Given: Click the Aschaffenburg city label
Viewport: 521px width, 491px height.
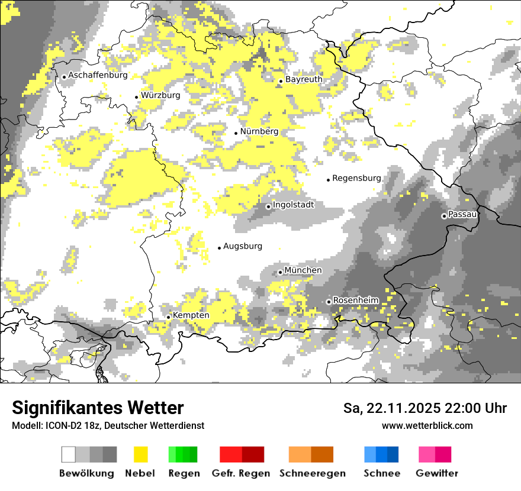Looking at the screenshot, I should [98, 75].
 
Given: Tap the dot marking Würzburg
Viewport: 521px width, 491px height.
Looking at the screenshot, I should [136, 97].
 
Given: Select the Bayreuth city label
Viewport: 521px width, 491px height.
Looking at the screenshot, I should [304, 79].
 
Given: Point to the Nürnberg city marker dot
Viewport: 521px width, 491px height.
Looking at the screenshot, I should [236, 133].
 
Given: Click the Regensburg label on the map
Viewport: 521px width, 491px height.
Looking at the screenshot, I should [356, 178].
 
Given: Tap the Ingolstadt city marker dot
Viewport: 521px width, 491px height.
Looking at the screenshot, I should [268, 206].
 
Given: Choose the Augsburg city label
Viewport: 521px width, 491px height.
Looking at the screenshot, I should [242, 246].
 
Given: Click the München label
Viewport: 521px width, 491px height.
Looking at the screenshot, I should [303, 270].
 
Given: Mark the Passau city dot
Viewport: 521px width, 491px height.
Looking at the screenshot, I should [444, 216].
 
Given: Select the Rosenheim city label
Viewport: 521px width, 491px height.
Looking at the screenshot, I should [355, 301].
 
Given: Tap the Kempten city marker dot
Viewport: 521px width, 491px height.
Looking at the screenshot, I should [168, 317].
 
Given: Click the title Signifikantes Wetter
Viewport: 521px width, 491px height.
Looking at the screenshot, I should [98, 408].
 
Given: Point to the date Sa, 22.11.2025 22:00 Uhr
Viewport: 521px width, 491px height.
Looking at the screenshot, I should [424, 408].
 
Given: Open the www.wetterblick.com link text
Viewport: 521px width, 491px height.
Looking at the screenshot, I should [427, 425].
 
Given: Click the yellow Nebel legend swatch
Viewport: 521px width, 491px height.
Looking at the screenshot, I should [140, 454].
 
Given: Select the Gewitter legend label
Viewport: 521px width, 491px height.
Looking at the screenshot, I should [437, 473].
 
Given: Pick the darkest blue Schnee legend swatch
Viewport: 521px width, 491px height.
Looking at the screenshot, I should [393, 454].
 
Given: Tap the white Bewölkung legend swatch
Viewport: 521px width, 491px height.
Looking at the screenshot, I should [69, 454].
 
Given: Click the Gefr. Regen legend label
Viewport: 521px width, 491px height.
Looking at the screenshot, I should [240, 473].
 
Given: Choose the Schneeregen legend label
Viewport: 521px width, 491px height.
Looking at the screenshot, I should [312, 473].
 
